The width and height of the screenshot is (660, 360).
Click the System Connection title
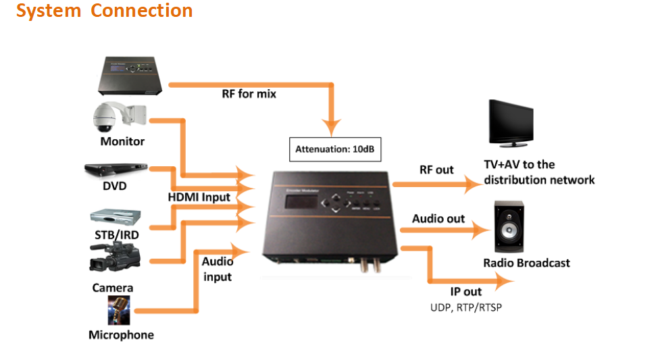(105, 11)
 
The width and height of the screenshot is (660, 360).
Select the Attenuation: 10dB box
(335, 149)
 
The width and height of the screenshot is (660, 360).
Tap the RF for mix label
(249, 95)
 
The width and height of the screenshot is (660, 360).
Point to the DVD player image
(116, 169)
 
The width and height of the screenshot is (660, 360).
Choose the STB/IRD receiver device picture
(116, 217)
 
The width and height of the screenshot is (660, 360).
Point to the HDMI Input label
(199, 198)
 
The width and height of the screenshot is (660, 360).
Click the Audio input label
(217, 269)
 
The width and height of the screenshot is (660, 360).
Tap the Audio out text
(438, 218)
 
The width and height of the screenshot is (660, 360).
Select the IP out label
(466, 292)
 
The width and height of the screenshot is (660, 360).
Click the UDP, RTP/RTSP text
(466, 307)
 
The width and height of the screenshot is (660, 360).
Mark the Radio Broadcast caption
(526, 263)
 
